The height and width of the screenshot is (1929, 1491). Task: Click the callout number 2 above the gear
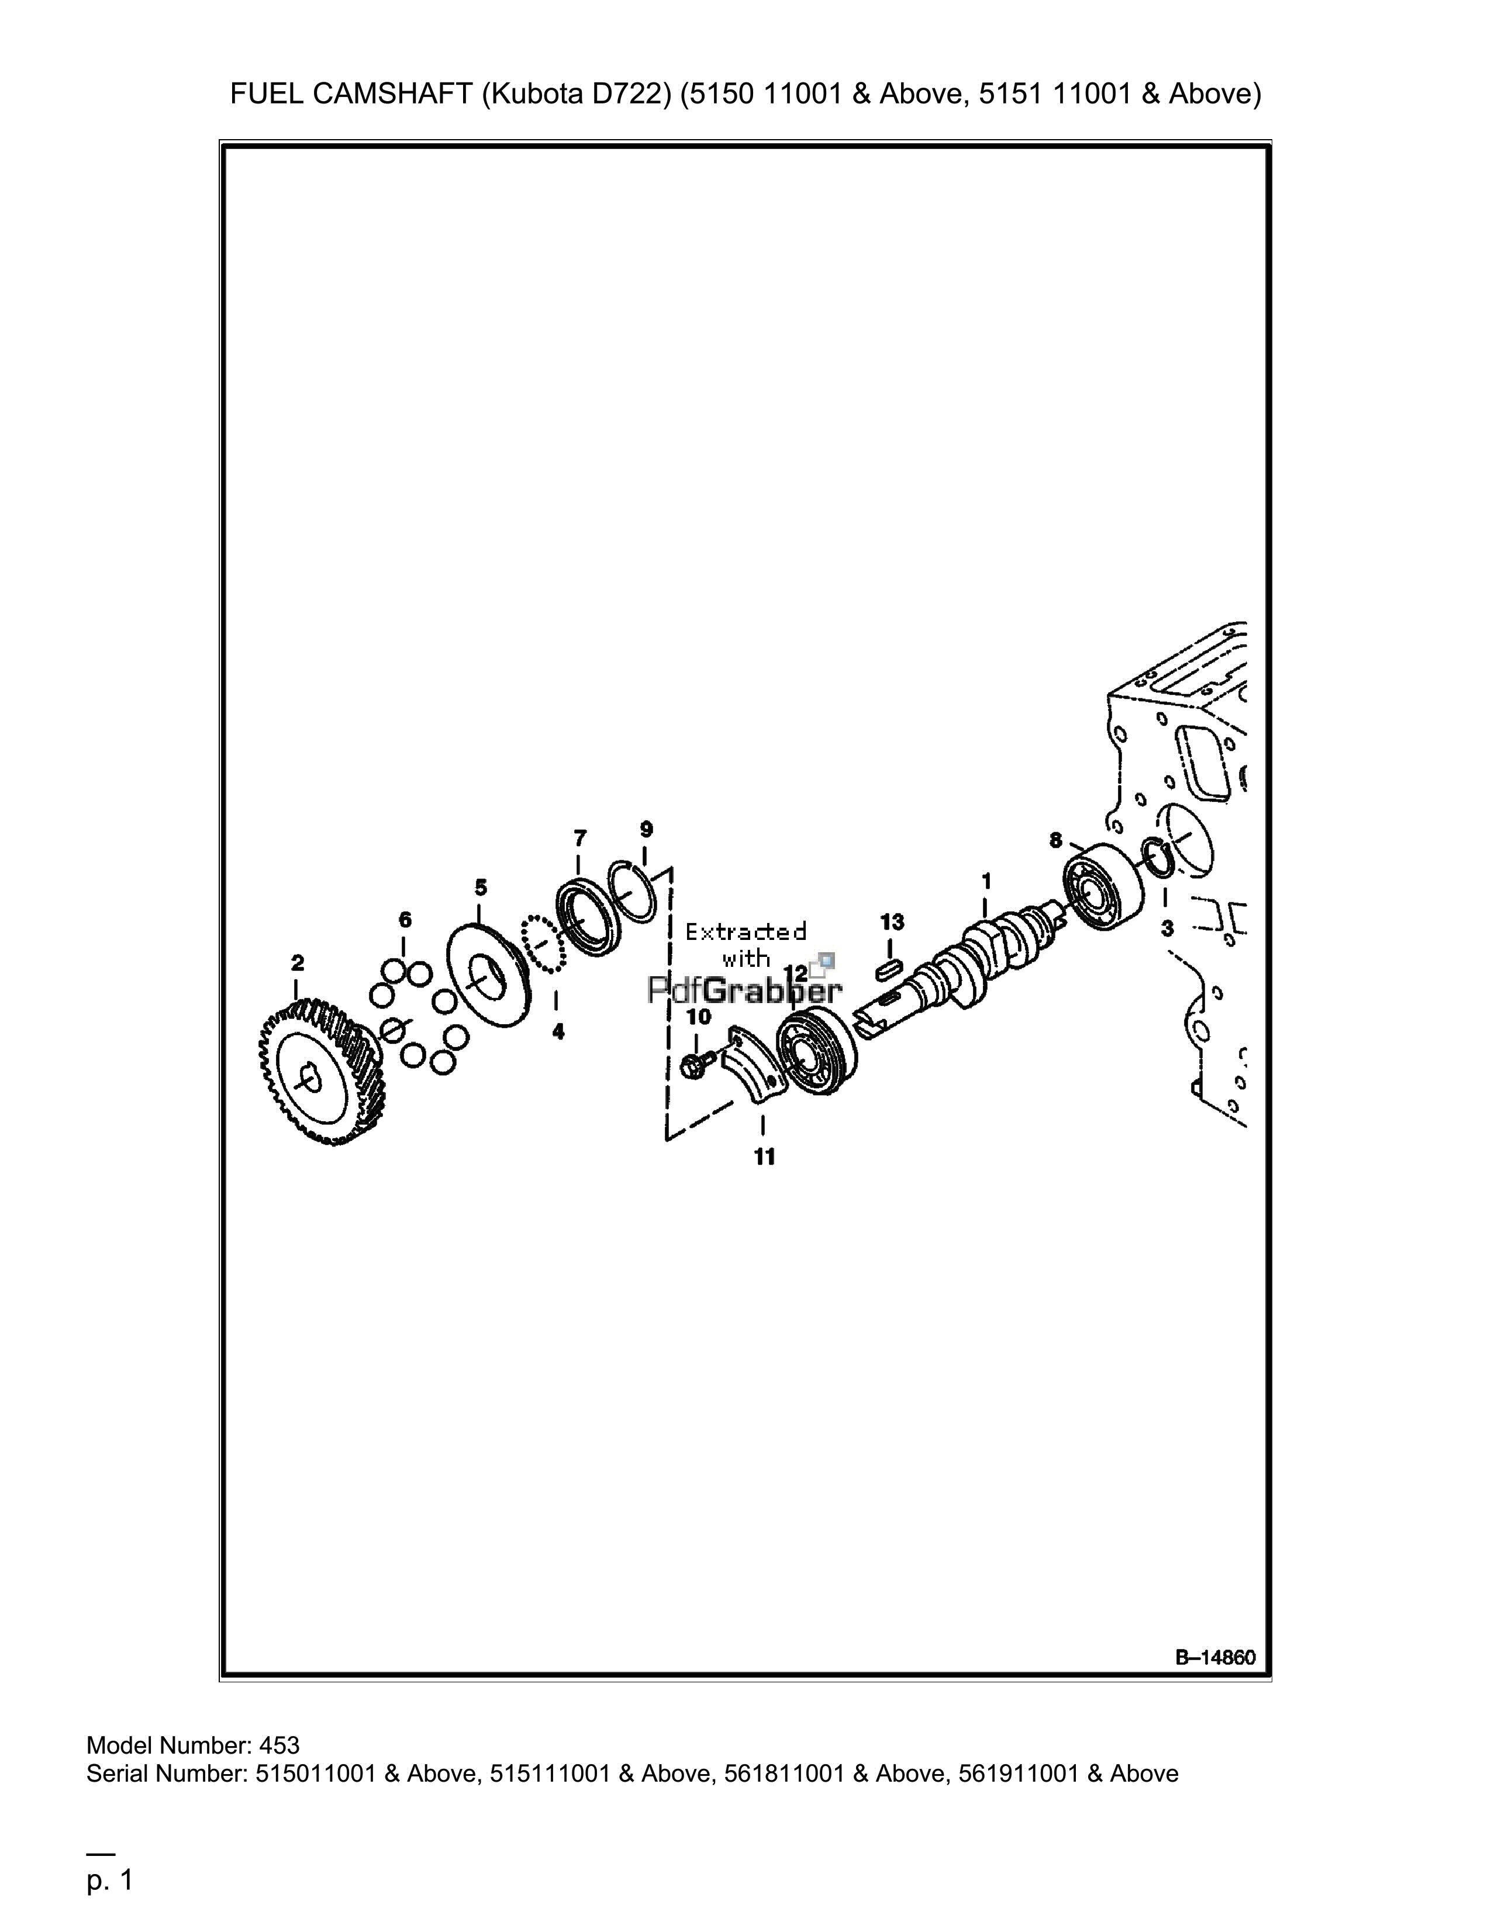(x=297, y=962)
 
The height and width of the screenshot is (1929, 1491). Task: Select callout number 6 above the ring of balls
(x=405, y=919)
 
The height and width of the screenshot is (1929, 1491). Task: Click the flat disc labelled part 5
(x=491, y=973)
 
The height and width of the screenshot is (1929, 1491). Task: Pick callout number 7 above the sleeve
(x=579, y=836)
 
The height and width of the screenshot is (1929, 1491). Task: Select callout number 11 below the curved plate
(x=765, y=1156)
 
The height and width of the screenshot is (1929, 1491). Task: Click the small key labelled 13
(x=889, y=970)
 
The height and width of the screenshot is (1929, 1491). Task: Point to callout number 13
(x=892, y=922)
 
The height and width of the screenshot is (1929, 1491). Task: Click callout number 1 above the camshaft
(x=986, y=880)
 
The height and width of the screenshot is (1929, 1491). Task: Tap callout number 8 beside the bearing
(x=1055, y=841)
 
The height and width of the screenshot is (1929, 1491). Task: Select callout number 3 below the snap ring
(x=1167, y=928)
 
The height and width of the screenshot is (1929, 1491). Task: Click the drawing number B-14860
(x=1214, y=1658)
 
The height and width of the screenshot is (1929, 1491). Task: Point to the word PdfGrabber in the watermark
(x=744, y=991)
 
